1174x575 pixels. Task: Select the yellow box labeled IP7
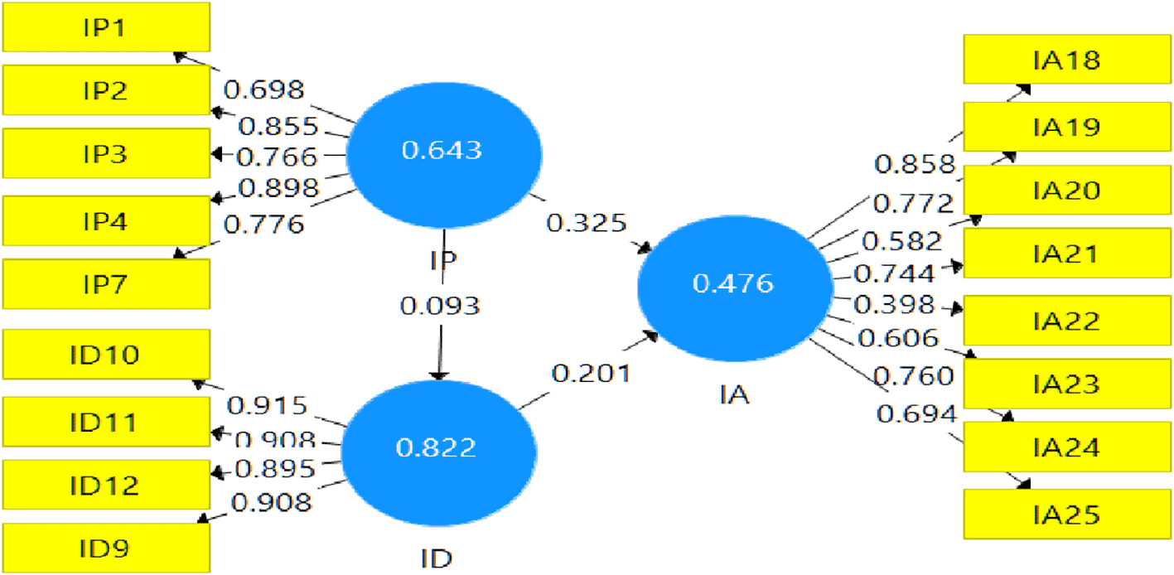(x=105, y=284)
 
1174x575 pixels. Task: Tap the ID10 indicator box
(x=105, y=355)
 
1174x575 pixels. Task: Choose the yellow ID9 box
(x=105, y=548)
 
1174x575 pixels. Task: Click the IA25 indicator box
(x=1066, y=515)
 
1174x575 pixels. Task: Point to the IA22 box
(x=1066, y=320)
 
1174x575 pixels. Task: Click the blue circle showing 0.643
(x=442, y=152)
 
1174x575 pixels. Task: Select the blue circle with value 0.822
(x=437, y=448)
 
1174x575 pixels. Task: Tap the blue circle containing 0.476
(x=734, y=284)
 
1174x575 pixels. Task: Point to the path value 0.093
(x=440, y=306)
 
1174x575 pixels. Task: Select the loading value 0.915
(x=268, y=406)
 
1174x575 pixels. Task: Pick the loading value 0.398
(x=893, y=304)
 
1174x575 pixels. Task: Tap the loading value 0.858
(x=916, y=163)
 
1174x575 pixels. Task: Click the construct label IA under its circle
(x=734, y=395)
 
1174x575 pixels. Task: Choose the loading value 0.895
(x=275, y=469)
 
